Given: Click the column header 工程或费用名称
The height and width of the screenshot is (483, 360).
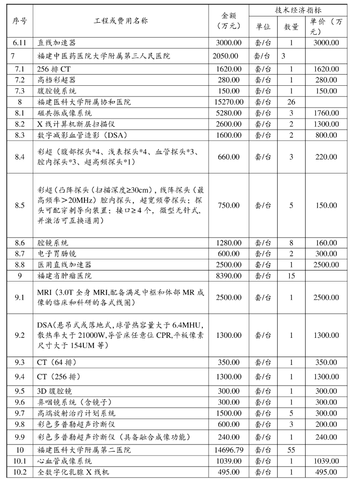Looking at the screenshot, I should (121, 21).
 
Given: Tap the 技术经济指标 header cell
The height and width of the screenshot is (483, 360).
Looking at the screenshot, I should (301, 10).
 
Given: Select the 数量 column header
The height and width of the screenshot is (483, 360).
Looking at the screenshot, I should (291, 27).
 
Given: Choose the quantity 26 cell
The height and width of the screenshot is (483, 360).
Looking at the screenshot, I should (291, 102).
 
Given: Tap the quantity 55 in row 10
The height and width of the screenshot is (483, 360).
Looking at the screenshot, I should (291, 450).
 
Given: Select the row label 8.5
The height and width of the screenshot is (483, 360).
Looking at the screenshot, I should (20, 205).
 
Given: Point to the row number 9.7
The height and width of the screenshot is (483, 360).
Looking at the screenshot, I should (20, 413).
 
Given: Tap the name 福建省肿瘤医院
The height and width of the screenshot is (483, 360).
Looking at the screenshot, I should (65, 276).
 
